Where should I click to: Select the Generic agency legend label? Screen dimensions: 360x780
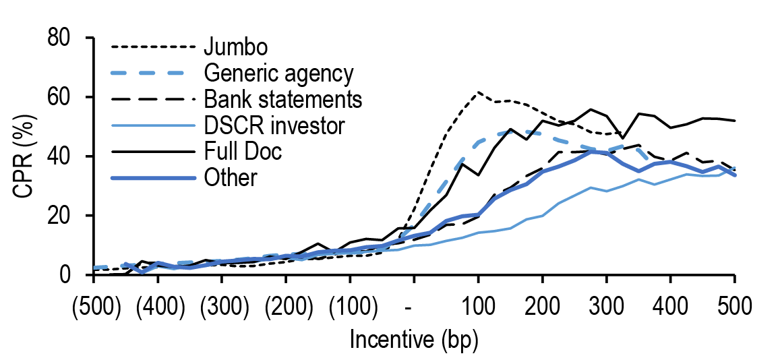tap(278, 73)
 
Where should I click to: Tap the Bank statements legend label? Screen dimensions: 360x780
tap(282, 100)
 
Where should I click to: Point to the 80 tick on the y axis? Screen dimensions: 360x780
tap(63, 38)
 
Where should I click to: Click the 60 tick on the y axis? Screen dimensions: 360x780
tap(63, 97)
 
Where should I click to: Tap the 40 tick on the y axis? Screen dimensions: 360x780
tap(63, 156)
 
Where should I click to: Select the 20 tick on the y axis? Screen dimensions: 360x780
tap(63, 216)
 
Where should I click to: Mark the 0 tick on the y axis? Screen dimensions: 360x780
tap(71, 274)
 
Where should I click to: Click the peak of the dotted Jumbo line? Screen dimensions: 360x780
tap(478, 92)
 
